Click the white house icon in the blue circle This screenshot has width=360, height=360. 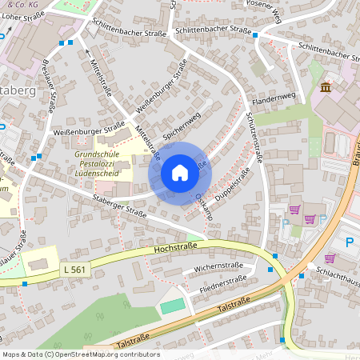[180, 172]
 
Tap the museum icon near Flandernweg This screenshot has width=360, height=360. [326, 86]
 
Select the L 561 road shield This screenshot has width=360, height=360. [72, 272]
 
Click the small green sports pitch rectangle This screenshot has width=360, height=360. [171, 307]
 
